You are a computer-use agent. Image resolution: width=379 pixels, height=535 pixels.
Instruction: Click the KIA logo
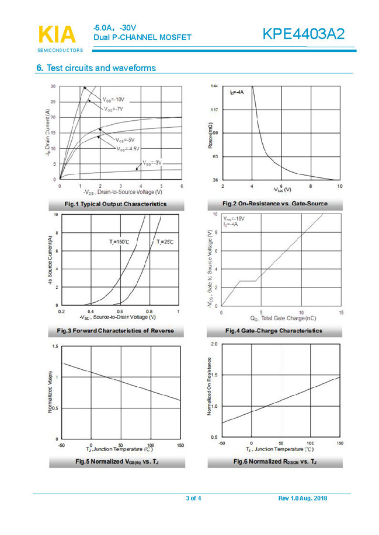[57, 36]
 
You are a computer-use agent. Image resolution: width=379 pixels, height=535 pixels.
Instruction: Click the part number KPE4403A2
[303, 34]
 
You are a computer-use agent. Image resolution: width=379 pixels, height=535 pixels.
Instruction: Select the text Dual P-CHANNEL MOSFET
[142, 37]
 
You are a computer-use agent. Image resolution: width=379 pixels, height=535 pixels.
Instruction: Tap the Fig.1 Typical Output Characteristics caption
[116, 204]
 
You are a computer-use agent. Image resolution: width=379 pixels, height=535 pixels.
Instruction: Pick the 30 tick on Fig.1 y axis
[53, 86]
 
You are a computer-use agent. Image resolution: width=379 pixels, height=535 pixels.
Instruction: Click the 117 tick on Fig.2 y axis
[214, 110]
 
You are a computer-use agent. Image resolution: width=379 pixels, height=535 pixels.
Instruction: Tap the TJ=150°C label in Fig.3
[119, 242]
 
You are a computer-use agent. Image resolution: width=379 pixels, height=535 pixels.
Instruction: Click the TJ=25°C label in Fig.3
[165, 242]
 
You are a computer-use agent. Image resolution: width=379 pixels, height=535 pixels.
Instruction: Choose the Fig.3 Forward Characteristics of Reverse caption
[115, 331]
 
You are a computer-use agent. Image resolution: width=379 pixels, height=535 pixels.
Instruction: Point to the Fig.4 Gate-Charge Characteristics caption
[273, 331]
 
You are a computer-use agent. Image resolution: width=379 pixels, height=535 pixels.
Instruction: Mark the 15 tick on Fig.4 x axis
[340, 313]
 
